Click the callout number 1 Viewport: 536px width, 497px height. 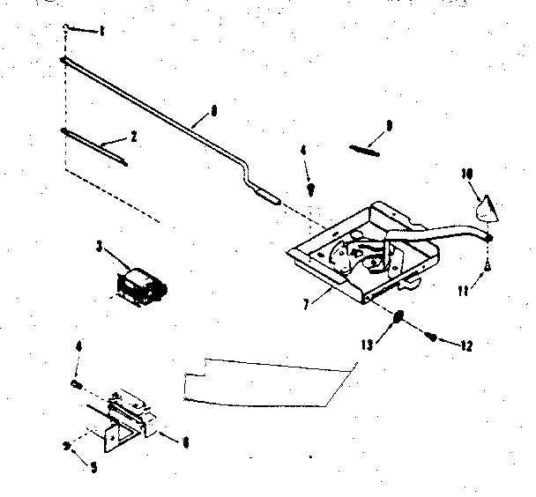coord(101,33)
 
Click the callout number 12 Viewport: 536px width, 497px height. coord(466,345)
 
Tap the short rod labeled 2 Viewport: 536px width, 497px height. coord(94,145)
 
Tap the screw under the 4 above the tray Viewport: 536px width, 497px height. coord(310,188)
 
